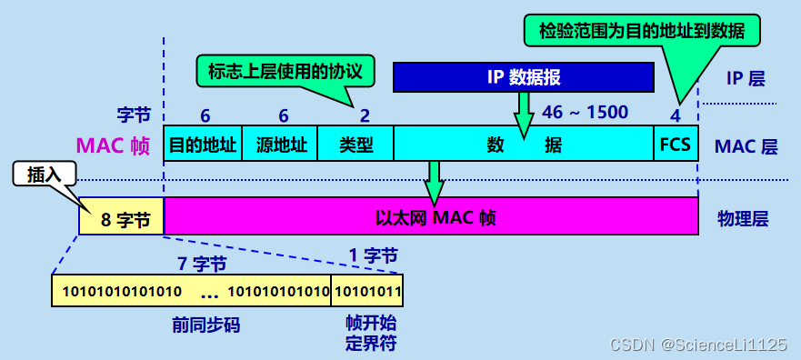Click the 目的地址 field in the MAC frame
coord(204,144)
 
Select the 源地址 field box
coord(281,144)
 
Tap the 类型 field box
coord(355,144)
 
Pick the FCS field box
coord(676,144)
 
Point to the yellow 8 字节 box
coord(121,217)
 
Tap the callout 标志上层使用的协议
coord(285,69)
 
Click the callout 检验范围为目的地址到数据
coord(642,30)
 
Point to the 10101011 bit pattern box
coord(366,291)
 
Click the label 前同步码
coord(205,325)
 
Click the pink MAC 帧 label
coord(113,145)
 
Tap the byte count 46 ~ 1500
coord(585,113)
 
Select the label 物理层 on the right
coord(743,218)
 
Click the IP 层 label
coord(746,78)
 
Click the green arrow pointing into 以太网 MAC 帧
coord(435,182)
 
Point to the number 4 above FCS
coord(675,115)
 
